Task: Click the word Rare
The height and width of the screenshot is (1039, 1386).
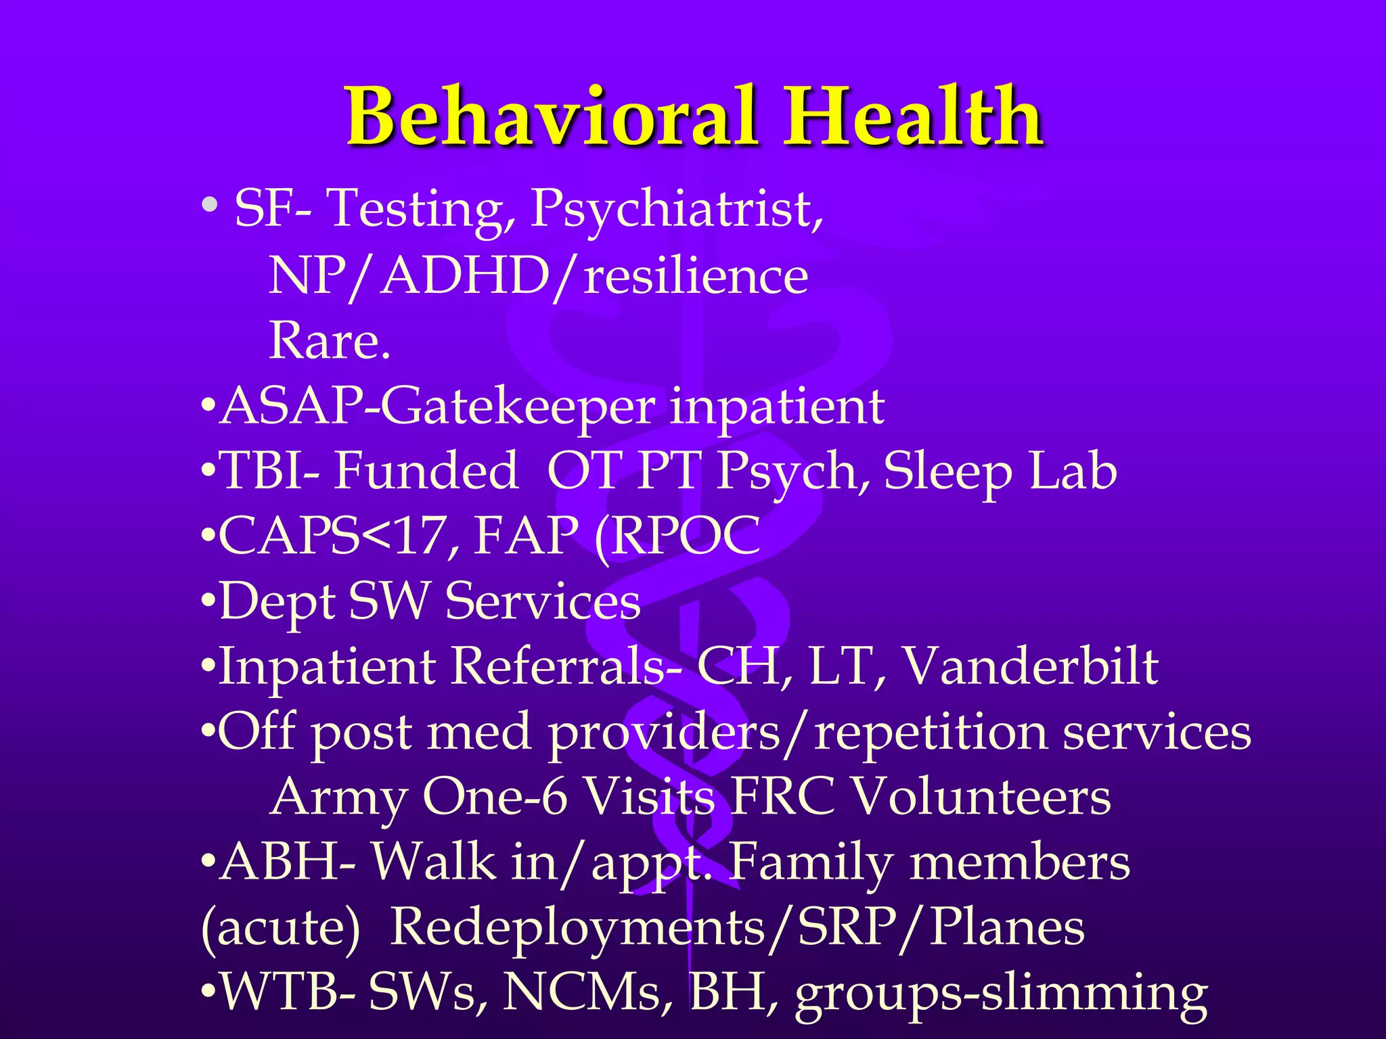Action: coord(330,340)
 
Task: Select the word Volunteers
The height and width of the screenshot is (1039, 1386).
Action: coord(981,798)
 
